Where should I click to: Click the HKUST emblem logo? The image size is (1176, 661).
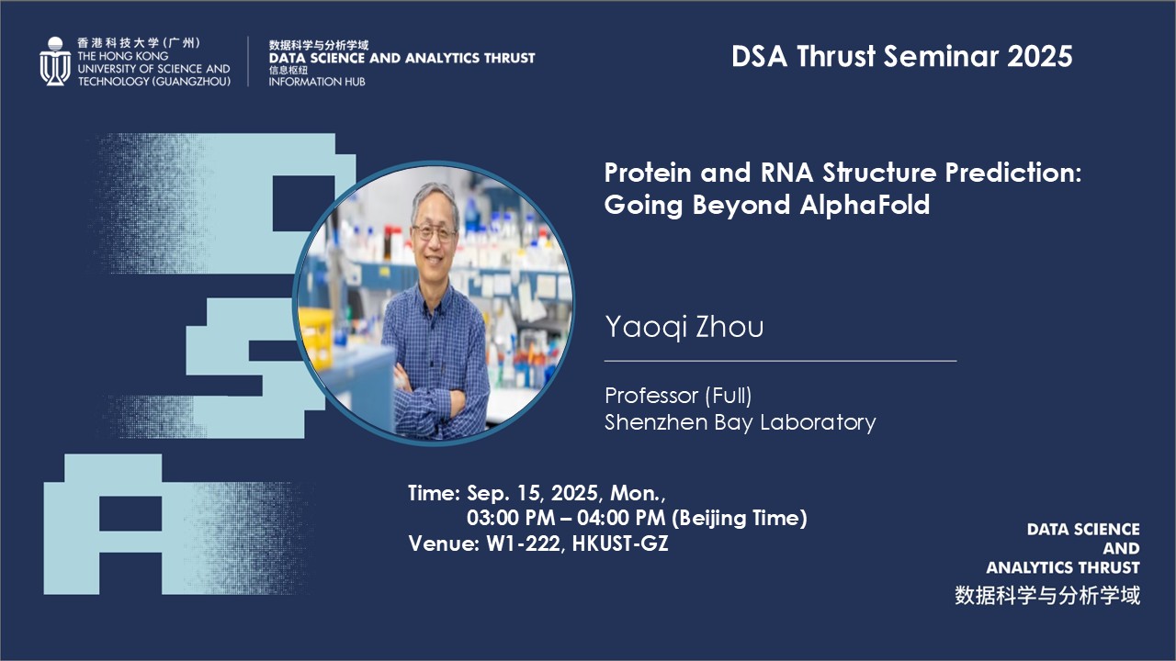(55, 62)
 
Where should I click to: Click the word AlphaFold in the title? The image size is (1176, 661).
(865, 205)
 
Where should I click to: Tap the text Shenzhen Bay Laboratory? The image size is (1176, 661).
(741, 422)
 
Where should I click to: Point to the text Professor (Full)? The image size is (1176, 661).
(678, 396)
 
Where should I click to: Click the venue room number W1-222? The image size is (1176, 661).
(524, 543)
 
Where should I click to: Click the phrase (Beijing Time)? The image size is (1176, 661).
(740, 519)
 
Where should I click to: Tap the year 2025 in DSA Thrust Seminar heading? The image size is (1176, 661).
(1039, 56)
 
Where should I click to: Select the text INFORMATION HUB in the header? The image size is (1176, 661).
(317, 82)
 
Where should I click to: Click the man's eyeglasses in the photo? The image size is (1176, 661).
(434, 232)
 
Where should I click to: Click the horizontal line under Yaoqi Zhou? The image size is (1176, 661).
(780, 361)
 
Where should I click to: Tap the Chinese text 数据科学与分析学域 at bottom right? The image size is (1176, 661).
(1047, 596)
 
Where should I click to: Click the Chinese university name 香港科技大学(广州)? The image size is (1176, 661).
(139, 43)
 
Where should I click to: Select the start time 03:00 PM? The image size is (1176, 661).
(511, 519)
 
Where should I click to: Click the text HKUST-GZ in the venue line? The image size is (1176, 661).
(620, 543)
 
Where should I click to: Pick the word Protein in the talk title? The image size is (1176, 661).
(648, 173)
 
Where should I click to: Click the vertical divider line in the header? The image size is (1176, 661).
(248, 62)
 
